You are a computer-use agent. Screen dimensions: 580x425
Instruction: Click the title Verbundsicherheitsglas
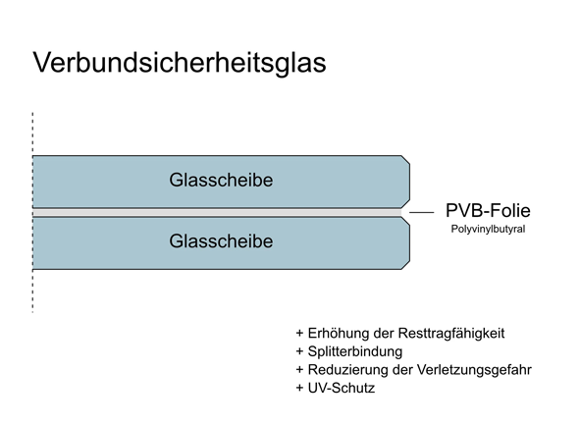[180, 63]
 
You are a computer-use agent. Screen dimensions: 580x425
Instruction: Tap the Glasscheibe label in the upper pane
[221, 181]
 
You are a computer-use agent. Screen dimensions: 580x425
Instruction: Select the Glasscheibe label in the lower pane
[221, 241]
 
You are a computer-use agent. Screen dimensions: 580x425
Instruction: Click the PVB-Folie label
[488, 210]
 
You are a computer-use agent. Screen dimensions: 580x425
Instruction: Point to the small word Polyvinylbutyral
[488, 230]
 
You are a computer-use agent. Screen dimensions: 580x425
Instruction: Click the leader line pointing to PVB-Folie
[421, 212]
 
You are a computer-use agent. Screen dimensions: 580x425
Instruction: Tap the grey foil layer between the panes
[217, 212]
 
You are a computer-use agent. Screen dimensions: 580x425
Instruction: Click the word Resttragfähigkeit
[451, 334]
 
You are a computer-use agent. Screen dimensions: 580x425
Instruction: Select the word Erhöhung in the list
[339, 334]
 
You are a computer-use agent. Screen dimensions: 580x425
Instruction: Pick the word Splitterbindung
[355, 351]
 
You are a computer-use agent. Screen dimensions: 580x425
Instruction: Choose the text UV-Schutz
[342, 388]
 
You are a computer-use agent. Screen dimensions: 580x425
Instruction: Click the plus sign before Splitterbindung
[299, 351]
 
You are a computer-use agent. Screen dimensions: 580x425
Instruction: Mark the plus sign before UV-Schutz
[299, 389]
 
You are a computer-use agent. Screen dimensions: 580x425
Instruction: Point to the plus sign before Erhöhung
[299, 334]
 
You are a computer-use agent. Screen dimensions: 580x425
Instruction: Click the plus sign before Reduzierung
[299, 370]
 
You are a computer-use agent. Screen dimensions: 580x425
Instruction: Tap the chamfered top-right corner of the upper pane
[405, 159]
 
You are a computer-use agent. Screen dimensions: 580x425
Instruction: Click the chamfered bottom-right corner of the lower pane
[405, 265]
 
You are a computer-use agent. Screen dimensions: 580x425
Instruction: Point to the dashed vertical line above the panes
[32, 133]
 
